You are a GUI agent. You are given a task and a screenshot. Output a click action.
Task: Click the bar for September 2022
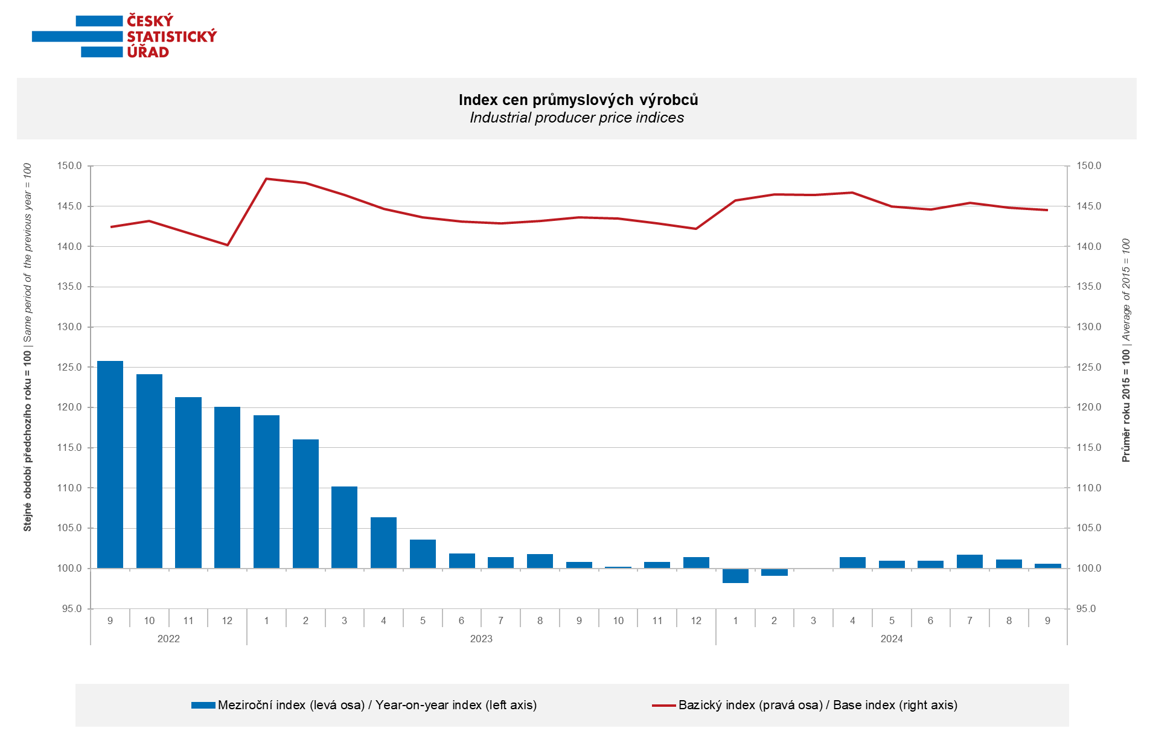tap(110, 465)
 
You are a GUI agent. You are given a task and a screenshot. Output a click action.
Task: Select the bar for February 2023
tap(305, 504)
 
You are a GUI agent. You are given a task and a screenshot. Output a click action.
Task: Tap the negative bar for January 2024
tap(735, 576)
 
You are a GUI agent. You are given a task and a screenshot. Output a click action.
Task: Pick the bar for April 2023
tap(383, 543)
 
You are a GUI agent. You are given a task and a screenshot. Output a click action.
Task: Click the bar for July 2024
tap(970, 561)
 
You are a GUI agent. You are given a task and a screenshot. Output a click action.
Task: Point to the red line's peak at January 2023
tap(266, 179)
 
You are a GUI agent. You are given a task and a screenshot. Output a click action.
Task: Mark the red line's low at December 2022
tap(227, 245)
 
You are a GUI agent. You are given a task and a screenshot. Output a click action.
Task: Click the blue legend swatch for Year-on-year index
tap(203, 705)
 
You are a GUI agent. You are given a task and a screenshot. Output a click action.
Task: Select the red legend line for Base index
tap(663, 705)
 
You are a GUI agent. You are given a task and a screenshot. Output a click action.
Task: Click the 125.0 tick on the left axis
tap(69, 367)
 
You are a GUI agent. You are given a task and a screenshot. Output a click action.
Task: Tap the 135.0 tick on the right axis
tap(1089, 287)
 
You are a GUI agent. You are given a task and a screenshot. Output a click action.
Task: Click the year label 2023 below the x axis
tap(481, 639)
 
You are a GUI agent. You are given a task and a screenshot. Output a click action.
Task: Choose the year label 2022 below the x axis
tap(168, 639)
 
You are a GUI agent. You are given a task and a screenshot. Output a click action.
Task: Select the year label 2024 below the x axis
tap(892, 639)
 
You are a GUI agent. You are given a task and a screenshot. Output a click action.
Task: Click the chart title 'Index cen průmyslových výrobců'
tap(578, 100)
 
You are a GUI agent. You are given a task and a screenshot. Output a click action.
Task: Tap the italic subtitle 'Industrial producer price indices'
tap(577, 118)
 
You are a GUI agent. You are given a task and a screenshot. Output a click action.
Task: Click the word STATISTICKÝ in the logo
tap(171, 37)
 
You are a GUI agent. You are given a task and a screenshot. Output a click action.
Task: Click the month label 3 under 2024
tap(813, 620)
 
